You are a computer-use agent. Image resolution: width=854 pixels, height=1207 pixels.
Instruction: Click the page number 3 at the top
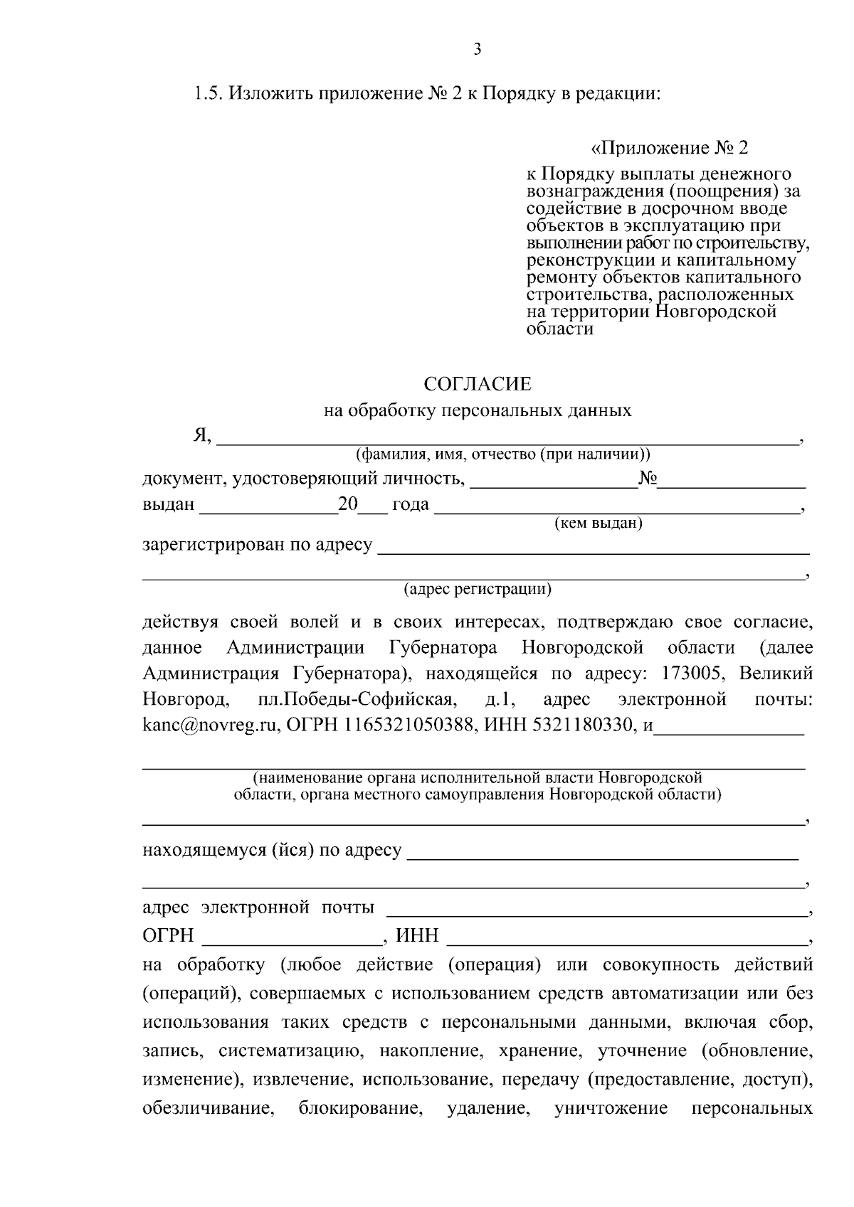(x=478, y=49)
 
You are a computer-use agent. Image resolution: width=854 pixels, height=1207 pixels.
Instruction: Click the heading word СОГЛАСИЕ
(x=478, y=385)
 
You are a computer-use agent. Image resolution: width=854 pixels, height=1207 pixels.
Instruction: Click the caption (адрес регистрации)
(x=478, y=589)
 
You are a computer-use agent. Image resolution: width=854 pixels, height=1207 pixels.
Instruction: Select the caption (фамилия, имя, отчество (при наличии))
(x=503, y=454)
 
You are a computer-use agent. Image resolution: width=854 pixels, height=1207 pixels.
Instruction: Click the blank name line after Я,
(x=506, y=440)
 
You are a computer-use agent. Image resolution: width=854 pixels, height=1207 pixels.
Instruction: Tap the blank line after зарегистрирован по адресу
(x=593, y=548)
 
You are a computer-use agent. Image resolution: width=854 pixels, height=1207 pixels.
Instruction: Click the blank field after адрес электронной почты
(x=596, y=909)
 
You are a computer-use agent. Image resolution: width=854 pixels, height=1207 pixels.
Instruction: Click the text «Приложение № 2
(x=670, y=149)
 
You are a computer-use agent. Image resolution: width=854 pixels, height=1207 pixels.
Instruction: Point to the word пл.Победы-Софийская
(x=356, y=700)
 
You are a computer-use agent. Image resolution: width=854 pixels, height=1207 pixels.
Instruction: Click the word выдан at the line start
(x=169, y=505)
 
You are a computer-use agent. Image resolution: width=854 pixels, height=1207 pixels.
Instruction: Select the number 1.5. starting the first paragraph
(x=210, y=93)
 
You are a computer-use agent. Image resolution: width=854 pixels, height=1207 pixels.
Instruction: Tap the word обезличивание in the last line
(x=209, y=1110)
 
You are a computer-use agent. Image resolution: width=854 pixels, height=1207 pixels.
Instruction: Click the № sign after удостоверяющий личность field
(x=648, y=479)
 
